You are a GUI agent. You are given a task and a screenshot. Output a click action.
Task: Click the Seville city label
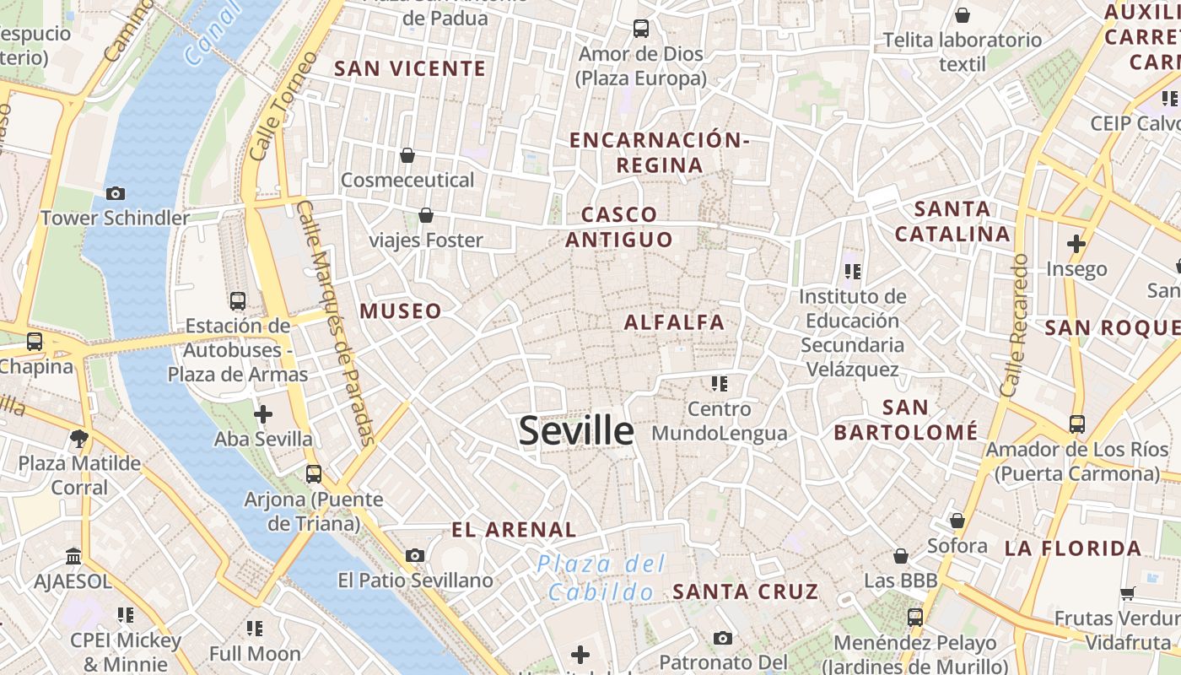click(576, 430)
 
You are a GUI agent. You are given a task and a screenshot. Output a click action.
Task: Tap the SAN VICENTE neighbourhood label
click(410, 69)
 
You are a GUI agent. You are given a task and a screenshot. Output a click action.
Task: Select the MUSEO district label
click(401, 311)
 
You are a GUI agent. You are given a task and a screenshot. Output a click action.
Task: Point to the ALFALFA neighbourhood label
click(674, 322)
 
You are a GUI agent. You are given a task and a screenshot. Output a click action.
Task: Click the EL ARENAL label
click(514, 530)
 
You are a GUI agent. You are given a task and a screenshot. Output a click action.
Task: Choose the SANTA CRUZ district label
click(745, 591)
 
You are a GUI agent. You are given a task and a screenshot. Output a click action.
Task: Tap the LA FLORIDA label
click(1072, 548)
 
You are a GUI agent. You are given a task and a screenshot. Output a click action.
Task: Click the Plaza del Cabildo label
click(602, 578)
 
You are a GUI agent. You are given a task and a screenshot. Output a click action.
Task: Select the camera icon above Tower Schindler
click(116, 194)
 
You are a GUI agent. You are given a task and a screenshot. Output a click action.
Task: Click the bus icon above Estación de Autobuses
click(238, 300)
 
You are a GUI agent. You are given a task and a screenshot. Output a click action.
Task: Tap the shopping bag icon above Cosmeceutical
click(407, 155)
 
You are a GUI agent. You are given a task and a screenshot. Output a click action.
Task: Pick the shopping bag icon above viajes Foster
click(426, 215)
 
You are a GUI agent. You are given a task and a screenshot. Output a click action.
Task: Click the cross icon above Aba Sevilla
click(263, 414)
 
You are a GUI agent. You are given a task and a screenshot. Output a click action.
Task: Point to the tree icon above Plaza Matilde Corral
click(80, 438)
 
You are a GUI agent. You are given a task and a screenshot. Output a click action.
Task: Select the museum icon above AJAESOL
click(73, 557)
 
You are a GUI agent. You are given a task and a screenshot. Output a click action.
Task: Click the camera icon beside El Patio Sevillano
click(414, 555)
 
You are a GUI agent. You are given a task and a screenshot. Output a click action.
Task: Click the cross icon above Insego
click(1076, 245)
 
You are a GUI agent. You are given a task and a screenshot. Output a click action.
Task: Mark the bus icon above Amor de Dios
click(641, 29)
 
